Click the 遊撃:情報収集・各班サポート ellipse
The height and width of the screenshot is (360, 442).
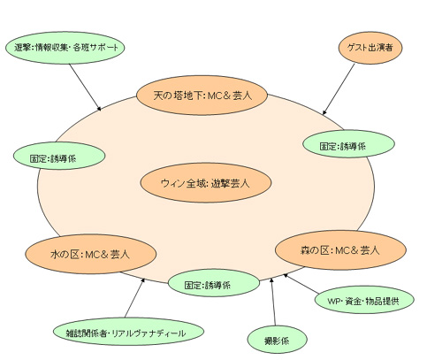pos(65,48)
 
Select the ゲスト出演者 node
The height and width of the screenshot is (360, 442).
pos(370,48)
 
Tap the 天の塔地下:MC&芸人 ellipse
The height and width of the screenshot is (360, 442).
pos(202,96)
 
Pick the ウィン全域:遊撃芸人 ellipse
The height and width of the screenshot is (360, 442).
pos(206,183)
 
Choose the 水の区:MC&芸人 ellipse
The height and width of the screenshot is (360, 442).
pos(90,254)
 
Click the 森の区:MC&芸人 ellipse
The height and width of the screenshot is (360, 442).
pos(340,250)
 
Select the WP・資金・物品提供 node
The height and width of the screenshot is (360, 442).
pos(364,300)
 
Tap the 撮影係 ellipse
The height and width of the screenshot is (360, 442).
pos(277,340)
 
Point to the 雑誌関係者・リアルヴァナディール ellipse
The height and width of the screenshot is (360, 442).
pos(128,332)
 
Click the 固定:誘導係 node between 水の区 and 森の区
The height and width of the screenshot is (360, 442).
pos(214,284)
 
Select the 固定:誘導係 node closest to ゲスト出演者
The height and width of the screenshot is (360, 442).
pos(348,144)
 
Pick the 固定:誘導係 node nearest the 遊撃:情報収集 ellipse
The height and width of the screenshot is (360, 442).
pos(59,156)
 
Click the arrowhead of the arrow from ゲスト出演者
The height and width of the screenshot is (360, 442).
pos(324,112)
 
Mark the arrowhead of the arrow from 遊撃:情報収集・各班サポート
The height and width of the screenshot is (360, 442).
pos(99,109)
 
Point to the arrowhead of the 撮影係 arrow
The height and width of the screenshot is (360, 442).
pos(271,280)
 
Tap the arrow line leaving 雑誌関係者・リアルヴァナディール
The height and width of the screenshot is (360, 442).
pos(134,297)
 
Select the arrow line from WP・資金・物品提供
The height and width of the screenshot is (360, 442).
pos(301,284)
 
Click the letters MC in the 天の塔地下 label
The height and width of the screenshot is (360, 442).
pos(217,96)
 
